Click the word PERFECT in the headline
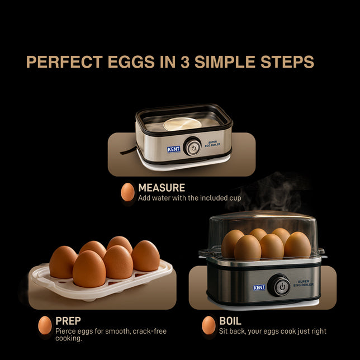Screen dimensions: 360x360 (64, 61)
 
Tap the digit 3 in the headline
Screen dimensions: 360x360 (185, 61)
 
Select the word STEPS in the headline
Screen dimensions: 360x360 (287, 61)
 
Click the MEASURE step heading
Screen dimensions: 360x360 (162, 188)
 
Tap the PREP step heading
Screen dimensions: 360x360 (68, 321)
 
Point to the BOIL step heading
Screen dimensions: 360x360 (230, 321)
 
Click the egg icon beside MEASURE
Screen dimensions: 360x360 (127, 192)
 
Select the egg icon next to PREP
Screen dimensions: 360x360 (45, 325)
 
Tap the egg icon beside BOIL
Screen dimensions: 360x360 (209, 325)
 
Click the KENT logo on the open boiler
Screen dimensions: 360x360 (173, 149)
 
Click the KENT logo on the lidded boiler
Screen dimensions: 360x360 (259, 287)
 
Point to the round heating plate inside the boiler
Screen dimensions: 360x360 (183, 124)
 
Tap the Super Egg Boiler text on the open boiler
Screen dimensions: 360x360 (212, 144)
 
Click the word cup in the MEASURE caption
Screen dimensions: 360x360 (235, 198)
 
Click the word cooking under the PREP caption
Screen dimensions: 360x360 (68, 338)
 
